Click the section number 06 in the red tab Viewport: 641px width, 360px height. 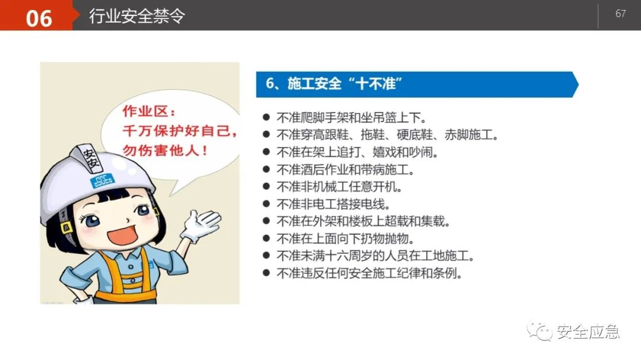click(39, 18)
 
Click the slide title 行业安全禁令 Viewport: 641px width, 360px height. click(137, 16)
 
